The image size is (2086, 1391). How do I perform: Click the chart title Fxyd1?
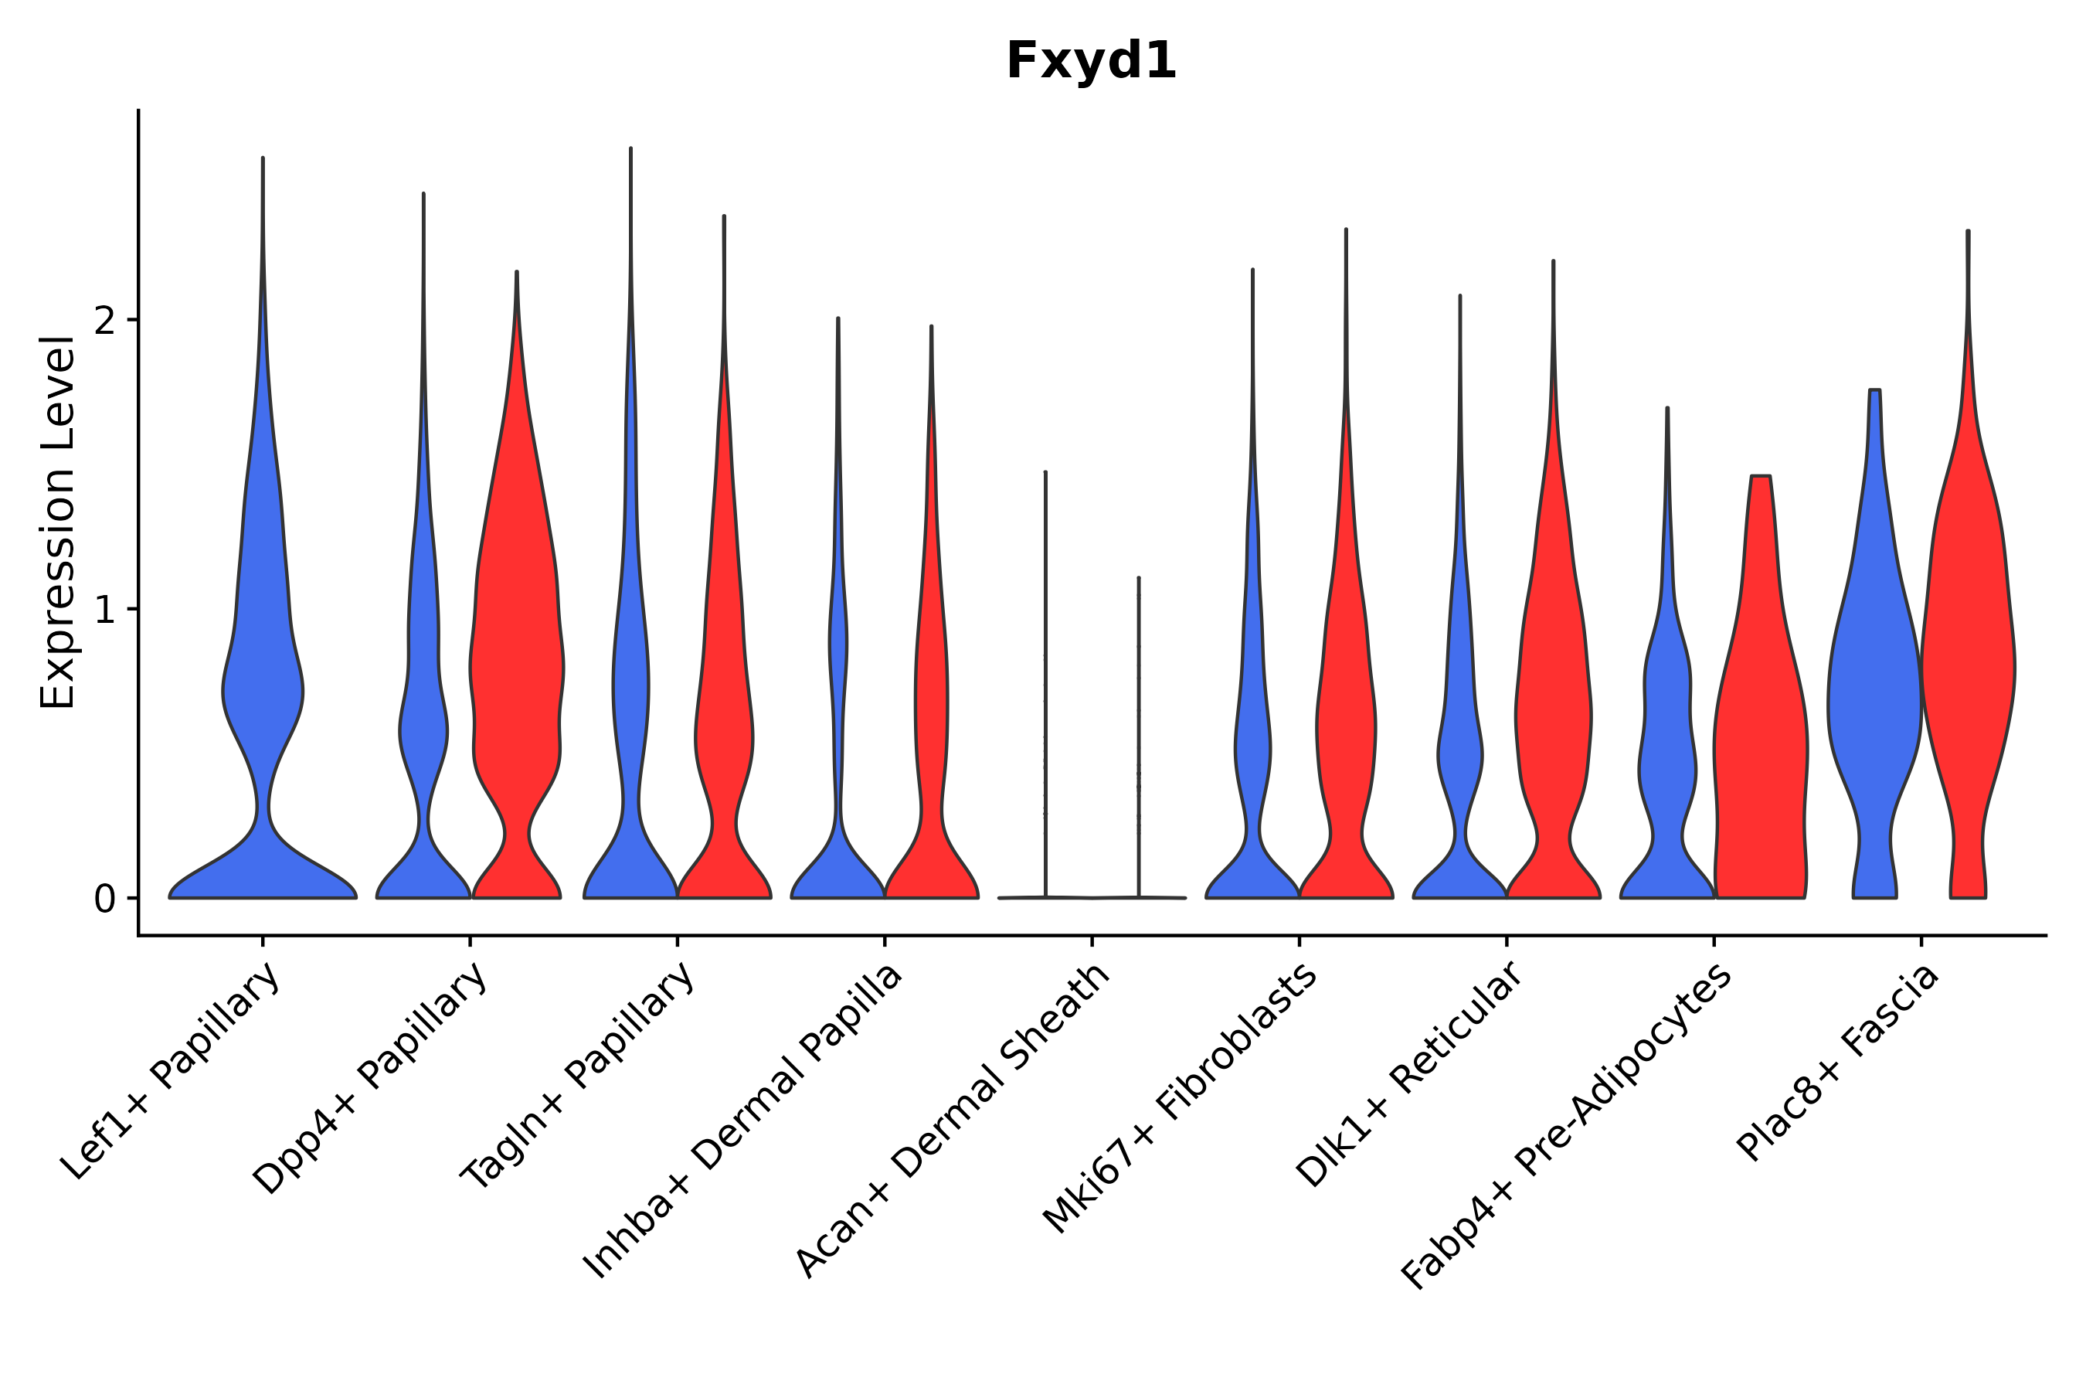tap(1091, 62)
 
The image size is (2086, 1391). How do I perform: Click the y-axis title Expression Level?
tap(58, 522)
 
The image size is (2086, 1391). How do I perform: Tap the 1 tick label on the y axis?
tap(104, 610)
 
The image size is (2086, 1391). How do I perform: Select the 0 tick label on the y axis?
tap(104, 900)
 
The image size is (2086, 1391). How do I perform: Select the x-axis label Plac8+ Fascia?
tap(1839, 1065)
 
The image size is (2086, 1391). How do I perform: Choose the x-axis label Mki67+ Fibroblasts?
tap(1180, 1100)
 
